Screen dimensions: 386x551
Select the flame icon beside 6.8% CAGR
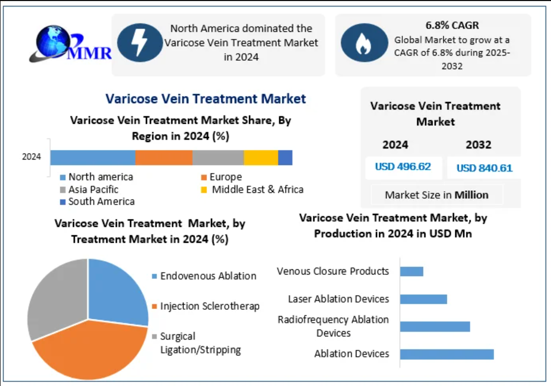tap(363, 43)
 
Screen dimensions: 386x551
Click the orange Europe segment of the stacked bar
tap(163, 158)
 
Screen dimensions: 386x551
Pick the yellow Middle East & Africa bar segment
tap(261, 158)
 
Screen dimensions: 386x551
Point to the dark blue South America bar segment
tap(285, 158)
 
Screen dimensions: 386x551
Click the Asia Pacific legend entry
tap(89, 189)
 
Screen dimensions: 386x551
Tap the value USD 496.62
tap(403, 167)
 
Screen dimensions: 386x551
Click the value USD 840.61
tap(484, 168)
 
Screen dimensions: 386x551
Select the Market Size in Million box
tap(437, 195)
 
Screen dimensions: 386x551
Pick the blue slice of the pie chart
tap(116, 291)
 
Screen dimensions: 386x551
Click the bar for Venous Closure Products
tap(411, 271)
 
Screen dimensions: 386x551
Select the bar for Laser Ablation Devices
tap(423, 299)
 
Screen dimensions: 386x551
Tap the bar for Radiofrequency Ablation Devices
tap(435, 326)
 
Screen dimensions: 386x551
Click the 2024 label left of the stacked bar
tap(32, 157)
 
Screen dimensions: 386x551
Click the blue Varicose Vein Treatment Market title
tap(206, 99)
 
